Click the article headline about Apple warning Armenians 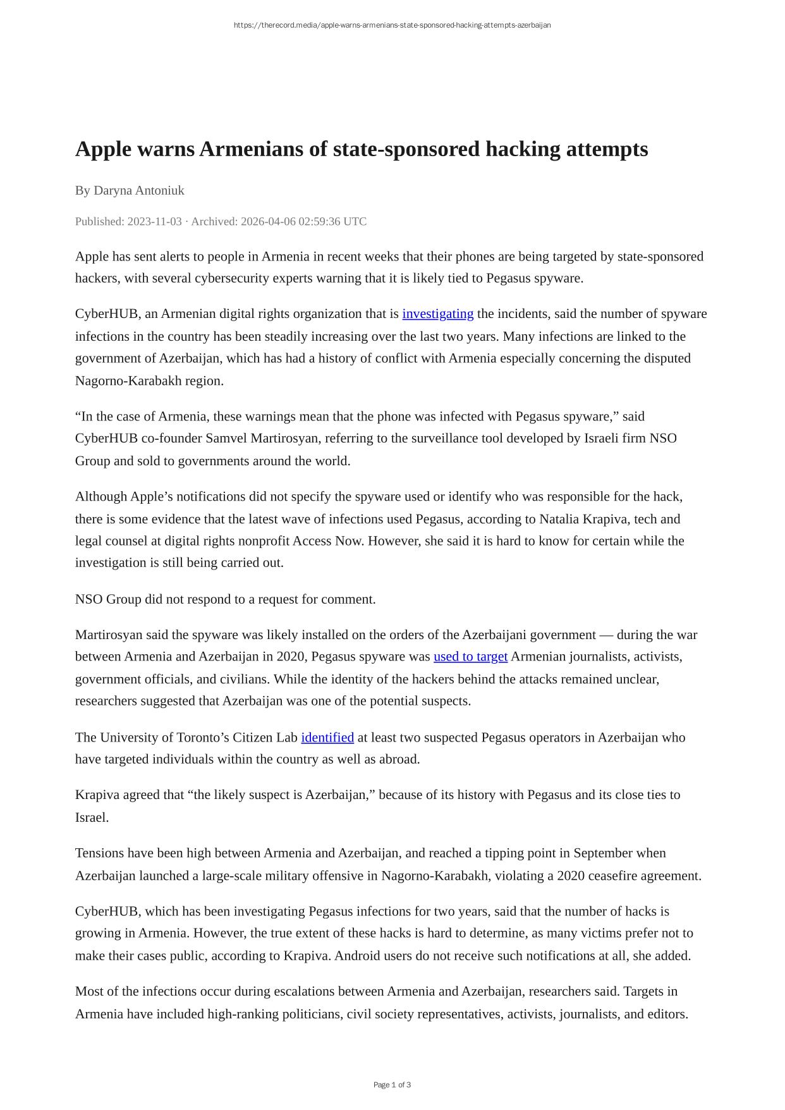(362, 149)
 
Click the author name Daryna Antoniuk (138, 190)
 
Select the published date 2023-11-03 (154, 221)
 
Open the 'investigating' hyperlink (437, 314)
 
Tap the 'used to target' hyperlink (470, 656)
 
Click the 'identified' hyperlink (327, 737)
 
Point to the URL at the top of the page (392, 25)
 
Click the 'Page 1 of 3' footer (392, 1085)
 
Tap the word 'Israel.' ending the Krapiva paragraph (92, 817)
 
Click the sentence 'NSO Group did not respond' (225, 599)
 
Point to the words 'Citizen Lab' (265, 737)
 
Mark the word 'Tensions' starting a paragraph (99, 853)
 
